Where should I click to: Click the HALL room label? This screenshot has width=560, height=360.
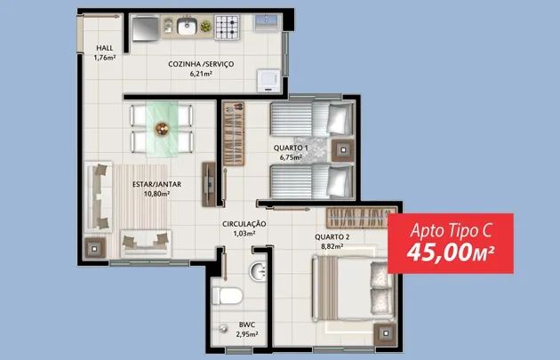(105, 48)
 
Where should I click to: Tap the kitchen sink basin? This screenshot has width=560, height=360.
(187, 27)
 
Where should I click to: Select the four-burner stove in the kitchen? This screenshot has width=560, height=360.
(227, 28)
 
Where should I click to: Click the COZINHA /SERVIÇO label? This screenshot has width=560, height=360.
(201, 64)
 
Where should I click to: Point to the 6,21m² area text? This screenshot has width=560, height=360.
(201, 74)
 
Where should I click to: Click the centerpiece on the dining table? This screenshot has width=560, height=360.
(162, 129)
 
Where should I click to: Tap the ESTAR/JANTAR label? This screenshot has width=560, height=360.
(156, 184)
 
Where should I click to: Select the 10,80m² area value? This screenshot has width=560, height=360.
(156, 194)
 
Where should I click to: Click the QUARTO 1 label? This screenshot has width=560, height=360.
(291, 148)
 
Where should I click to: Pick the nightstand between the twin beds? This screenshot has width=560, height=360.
(343, 150)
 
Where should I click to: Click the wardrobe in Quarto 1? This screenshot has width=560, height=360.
(234, 134)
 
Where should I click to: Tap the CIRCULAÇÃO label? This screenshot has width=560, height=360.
(244, 224)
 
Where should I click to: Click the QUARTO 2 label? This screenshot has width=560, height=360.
(332, 236)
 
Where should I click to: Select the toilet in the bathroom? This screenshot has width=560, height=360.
(228, 296)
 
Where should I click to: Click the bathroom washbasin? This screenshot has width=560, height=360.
(258, 271)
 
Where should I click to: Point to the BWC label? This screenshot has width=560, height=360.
(247, 324)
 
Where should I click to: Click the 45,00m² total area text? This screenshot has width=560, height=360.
(451, 252)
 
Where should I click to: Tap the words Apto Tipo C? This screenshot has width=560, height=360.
(451, 230)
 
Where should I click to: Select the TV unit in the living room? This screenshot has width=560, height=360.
(209, 185)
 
